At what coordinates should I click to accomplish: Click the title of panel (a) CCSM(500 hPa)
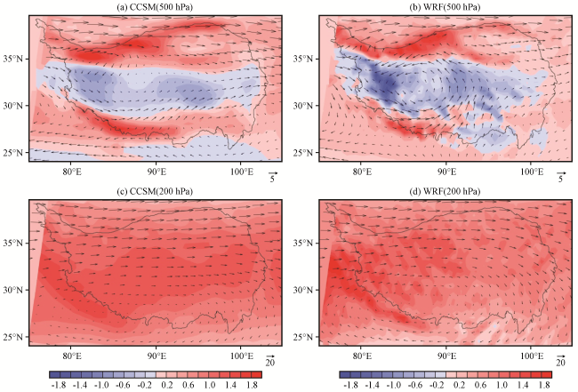pos(155,7)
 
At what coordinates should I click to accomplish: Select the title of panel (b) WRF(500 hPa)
pos(445,7)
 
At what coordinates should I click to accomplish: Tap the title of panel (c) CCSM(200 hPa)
pos(155,192)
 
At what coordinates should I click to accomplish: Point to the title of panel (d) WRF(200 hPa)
pos(445,192)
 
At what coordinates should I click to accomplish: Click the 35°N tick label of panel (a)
pos(13,59)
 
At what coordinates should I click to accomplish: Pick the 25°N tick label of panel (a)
pos(13,153)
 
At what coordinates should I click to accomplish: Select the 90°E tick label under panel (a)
pos(157,172)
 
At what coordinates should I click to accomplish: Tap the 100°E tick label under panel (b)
pos(532,172)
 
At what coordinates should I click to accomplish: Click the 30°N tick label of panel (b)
pos(303,106)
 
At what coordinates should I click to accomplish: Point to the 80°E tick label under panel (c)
pos(72,356)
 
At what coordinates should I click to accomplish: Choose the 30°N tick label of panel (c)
pos(13,290)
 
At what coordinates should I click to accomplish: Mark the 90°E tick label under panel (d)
pos(446,356)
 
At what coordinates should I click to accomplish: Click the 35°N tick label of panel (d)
pos(303,243)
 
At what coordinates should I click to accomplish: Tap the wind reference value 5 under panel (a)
pos(272,179)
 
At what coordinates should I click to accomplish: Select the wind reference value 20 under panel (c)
pos(270,363)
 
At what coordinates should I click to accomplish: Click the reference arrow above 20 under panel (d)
pos(561,356)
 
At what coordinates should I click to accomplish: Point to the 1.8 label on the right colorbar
pos(544,385)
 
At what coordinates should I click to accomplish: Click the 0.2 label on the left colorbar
pos(167,385)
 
